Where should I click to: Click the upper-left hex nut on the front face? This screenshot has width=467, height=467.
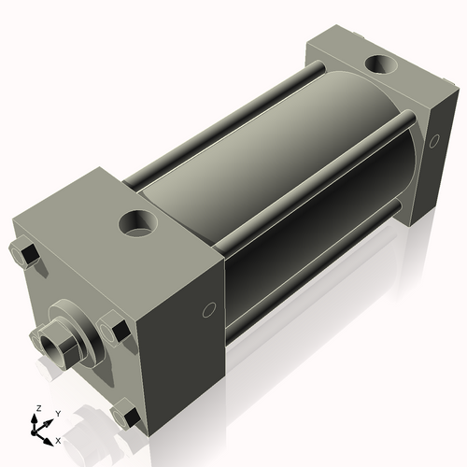pyautogui.click(x=26, y=255)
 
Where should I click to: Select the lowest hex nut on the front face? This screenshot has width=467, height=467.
pyautogui.click(x=124, y=414)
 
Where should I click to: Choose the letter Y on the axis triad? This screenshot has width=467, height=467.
pyautogui.click(x=57, y=412)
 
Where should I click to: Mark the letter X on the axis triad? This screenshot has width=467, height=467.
pyautogui.click(x=58, y=439)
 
